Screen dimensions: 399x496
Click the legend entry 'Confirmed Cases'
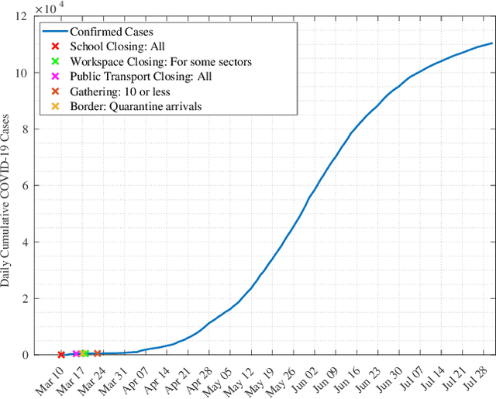point(111,32)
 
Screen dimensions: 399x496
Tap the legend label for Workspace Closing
point(160,61)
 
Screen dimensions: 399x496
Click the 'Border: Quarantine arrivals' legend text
point(136,105)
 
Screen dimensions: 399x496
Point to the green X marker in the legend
point(54,61)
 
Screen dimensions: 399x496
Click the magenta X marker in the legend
point(54,76)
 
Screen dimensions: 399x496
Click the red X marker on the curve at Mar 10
point(61,354)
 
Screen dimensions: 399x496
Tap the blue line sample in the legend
point(54,32)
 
